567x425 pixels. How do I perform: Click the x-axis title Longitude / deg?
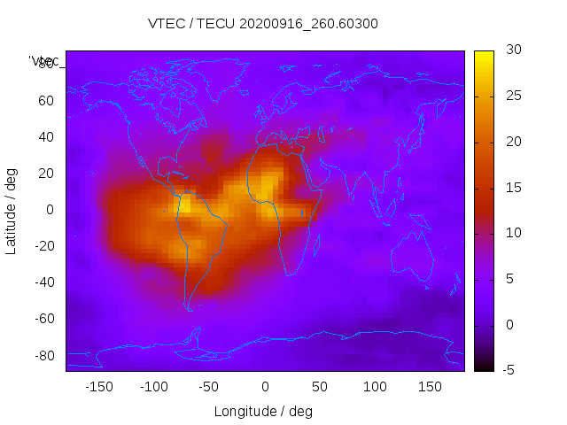(x=263, y=412)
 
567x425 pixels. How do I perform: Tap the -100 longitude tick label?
(x=154, y=387)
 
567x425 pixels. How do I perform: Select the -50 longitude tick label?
(x=209, y=387)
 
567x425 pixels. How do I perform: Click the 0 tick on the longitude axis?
(x=265, y=387)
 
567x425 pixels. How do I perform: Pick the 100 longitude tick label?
(x=376, y=387)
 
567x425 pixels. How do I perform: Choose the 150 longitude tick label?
(x=431, y=387)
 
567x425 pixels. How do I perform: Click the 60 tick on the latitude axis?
(x=46, y=101)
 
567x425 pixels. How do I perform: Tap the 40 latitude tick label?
(x=46, y=137)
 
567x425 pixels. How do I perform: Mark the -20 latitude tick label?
(x=43, y=246)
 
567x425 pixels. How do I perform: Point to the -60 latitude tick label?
(x=43, y=319)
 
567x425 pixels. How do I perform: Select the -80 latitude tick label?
(x=43, y=355)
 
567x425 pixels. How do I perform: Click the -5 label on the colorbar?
(x=509, y=370)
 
